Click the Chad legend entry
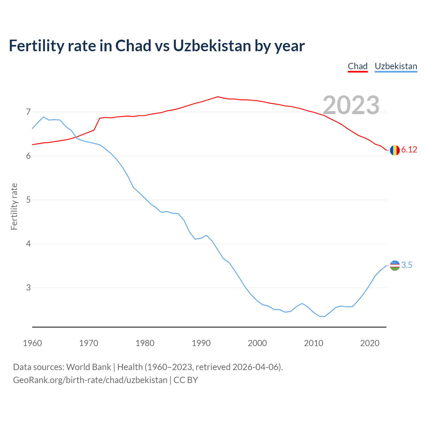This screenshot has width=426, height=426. [357, 66]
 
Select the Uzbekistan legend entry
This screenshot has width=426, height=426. [396, 66]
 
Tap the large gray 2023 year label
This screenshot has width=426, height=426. [351, 105]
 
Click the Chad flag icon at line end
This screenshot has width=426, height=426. [395, 150]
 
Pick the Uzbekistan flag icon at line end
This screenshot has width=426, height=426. [395, 265]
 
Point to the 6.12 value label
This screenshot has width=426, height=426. [409, 150]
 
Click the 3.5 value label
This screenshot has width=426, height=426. [407, 265]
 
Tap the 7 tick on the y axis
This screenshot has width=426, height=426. [28, 112]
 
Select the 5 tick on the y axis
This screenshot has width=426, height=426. [28, 200]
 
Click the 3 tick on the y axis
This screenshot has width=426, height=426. [28, 288]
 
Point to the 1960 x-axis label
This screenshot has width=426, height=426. [32, 343]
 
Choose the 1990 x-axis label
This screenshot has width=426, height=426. [201, 343]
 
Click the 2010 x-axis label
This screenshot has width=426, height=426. [314, 343]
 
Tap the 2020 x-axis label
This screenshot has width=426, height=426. [370, 343]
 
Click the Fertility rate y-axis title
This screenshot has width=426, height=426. [14, 206]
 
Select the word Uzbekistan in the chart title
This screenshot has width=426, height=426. [212, 46]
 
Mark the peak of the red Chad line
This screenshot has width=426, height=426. [218, 97]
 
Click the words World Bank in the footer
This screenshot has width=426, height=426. [89, 367]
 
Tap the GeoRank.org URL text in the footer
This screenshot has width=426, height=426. [90, 380]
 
